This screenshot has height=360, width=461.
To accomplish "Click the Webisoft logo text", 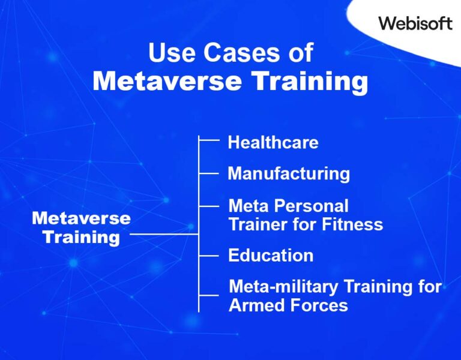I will click(415, 23).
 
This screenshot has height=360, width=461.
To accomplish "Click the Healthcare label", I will click(273, 143).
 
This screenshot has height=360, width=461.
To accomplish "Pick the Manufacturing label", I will click(289, 174).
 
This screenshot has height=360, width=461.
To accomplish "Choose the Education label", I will click(271, 256).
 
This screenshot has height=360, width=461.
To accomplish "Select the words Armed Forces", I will click(288, 305).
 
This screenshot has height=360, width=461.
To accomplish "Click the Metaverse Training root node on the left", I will click(81, 227).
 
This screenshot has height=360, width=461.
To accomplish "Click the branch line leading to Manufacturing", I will click(208, 173).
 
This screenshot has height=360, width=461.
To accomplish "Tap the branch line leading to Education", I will click(208, 256).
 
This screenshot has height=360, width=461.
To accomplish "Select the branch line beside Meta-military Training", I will click(208, 295).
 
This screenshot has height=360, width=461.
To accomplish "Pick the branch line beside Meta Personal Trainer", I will click(208, 206).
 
